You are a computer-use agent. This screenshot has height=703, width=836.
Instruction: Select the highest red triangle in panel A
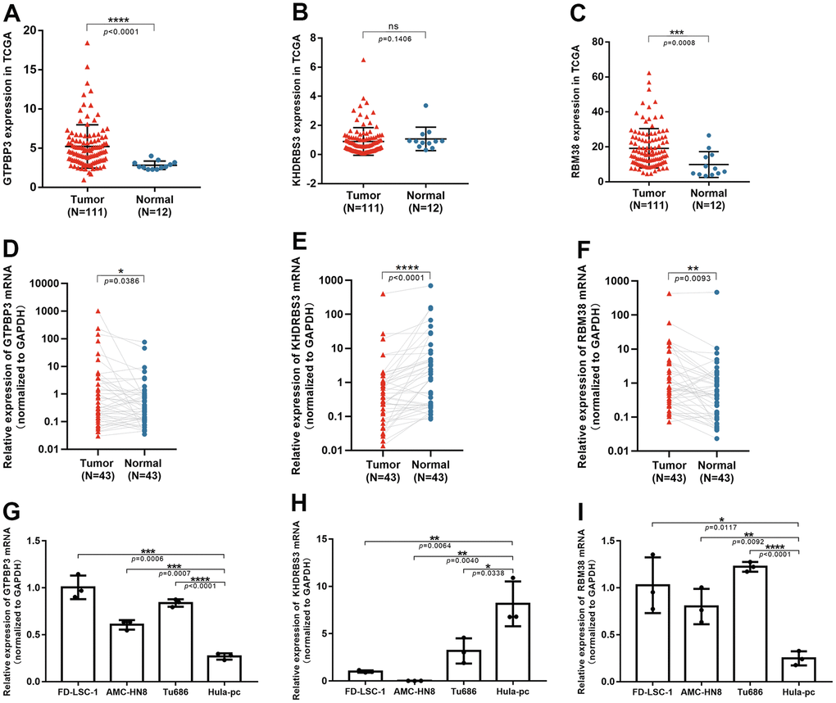[86, 42]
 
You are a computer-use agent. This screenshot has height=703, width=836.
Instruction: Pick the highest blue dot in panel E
[429, 286]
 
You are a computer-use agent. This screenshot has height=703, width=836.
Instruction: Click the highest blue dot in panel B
[426, 106]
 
